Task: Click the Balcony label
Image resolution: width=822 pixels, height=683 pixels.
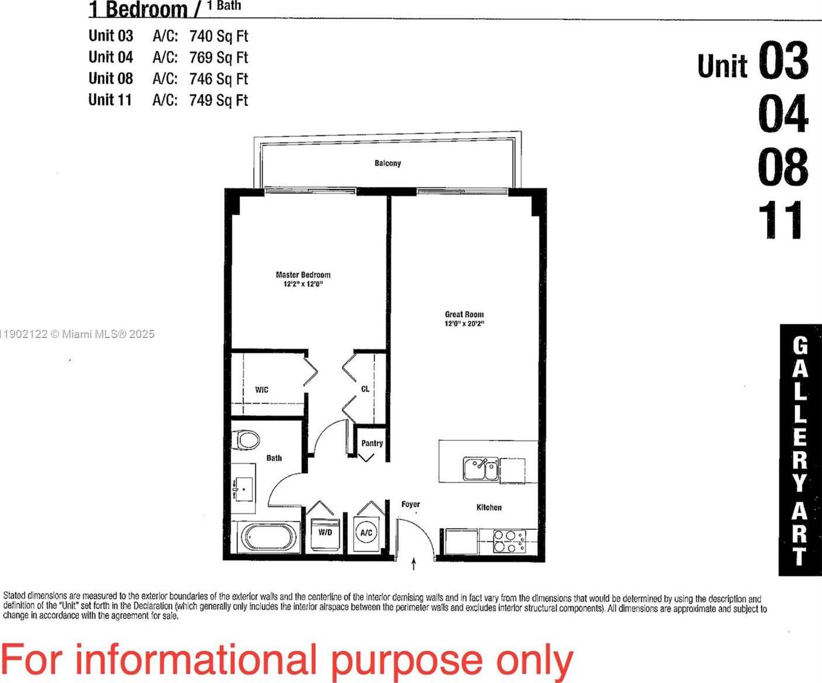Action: [388, 163]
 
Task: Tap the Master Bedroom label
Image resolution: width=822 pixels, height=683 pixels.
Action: [303, 274]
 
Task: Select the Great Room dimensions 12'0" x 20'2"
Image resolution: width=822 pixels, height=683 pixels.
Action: [464, 323]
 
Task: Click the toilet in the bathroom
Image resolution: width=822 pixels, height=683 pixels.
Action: [246, 440]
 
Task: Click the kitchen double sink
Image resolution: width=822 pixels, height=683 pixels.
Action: [481, 469]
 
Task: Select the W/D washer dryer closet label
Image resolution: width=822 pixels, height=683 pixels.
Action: [325, 532]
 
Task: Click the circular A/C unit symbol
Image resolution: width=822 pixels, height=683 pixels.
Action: [367, 533]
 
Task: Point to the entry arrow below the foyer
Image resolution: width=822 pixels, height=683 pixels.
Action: [414, 564]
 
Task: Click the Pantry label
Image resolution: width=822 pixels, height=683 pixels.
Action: [372, 443]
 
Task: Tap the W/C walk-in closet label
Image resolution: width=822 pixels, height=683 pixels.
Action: [261, 389]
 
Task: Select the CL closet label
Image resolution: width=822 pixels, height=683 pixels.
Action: [365, 389]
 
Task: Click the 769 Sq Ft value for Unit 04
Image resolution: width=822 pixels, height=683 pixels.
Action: [219, 57]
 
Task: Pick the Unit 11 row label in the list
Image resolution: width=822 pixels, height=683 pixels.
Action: [110, 100]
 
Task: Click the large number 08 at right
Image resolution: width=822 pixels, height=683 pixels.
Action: [783, 167]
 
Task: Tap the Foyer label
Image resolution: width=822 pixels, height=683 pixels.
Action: [410, 504]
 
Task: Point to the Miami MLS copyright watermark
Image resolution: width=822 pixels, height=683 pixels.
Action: [77, 334]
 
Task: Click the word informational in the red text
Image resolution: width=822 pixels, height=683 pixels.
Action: [196, 660]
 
